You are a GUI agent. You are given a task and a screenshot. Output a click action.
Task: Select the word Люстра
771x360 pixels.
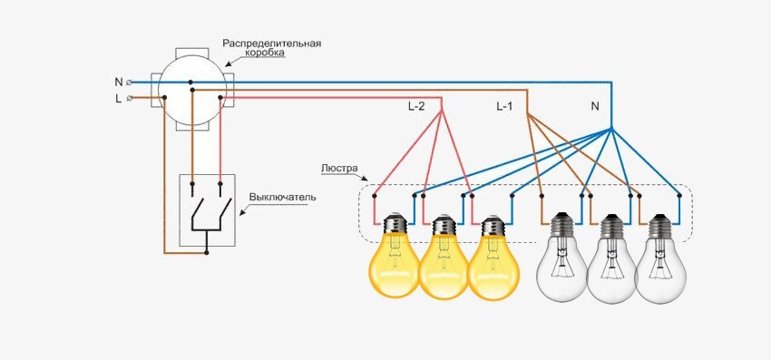[x=341, y=168]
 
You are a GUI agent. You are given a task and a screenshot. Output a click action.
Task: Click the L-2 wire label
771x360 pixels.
[x=415, y=107]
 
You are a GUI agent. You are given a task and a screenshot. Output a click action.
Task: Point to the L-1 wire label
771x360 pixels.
[x=504, y=107]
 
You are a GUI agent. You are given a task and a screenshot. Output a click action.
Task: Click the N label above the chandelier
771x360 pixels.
[x=595, y=107]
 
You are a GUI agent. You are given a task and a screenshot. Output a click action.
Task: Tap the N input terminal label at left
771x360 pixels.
[x=119, y=82]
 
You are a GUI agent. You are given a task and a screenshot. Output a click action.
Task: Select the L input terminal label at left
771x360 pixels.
[x=119, y=98]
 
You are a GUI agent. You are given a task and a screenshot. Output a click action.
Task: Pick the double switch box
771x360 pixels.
[x=208, y=209]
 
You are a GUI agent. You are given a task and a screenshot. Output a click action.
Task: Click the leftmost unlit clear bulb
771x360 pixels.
[x=562, y=263]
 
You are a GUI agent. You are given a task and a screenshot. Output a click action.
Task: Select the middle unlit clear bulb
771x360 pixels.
[x=611, y=265]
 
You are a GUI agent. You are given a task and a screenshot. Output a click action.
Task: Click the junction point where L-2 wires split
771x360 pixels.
[x=442, y=112]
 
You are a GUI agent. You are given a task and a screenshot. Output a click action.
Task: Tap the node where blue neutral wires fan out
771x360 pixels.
[x=612, y=127]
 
